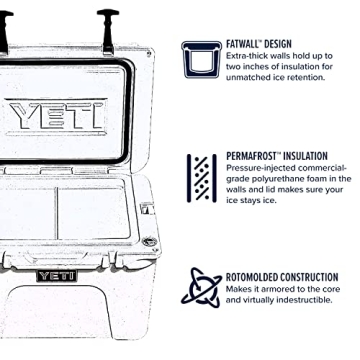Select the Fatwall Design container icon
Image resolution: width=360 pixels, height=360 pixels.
pyautogui.click(x=203, y=60)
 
